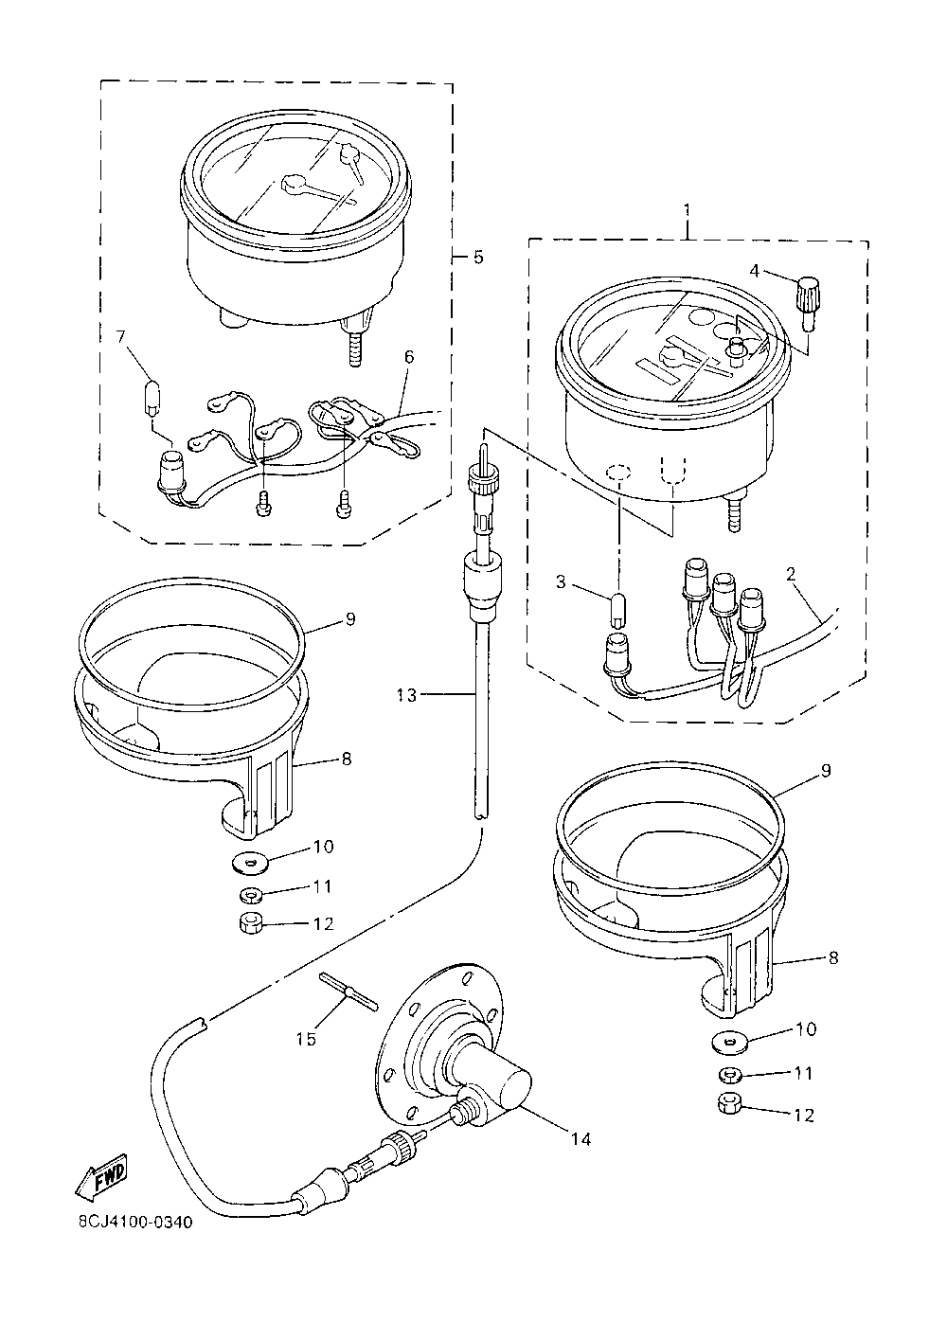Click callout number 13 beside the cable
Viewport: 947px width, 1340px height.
pos(405,696)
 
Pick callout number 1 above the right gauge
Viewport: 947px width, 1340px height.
pos(688,207)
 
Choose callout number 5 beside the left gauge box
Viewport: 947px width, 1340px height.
pos(478,257)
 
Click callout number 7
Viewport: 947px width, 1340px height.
pos(120,338)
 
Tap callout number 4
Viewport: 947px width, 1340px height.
pos(754,270)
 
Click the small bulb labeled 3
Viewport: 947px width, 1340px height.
pos(617,610)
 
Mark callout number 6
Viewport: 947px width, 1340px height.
pos(408,356)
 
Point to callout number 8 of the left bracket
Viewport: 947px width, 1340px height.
pos(347,759)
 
